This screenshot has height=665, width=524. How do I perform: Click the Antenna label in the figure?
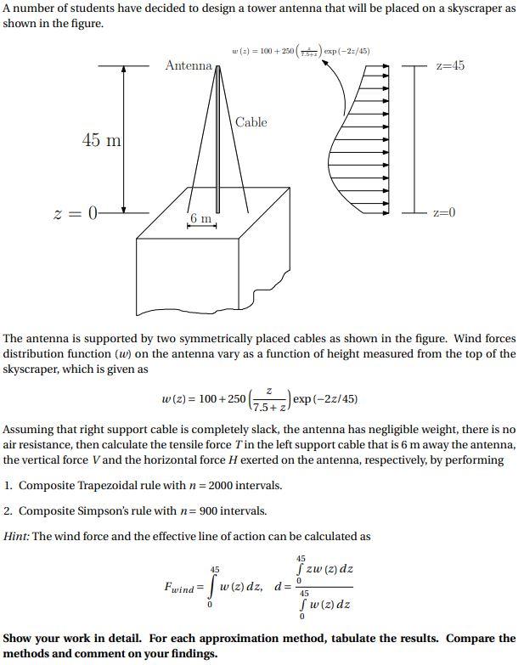coord(189,65)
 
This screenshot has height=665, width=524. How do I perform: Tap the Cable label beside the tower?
coord(251,122)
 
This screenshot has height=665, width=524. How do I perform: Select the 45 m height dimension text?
coord(101,140)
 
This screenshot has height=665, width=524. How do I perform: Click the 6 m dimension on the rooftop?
coord(201,219)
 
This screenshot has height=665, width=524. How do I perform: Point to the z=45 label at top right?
coord(449,65)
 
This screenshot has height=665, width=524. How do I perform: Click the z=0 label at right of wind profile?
coord(444,212)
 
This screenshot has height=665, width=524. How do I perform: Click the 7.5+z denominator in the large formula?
coord(268,406)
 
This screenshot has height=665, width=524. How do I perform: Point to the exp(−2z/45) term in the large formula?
coord(325,398)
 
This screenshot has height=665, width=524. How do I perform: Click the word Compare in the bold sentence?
coord(470,638)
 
